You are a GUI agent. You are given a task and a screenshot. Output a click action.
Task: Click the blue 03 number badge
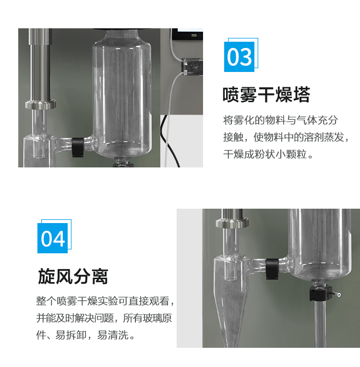(240, 57)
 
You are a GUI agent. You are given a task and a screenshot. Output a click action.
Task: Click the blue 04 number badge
(53, 238)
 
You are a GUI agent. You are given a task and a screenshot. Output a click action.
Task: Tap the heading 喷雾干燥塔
(266, 95)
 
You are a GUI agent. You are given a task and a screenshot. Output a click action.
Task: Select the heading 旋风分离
(73, 276)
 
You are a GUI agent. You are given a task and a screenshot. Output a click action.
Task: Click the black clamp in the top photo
(78, 147)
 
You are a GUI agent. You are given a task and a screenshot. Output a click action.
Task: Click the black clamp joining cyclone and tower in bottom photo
(272, 269)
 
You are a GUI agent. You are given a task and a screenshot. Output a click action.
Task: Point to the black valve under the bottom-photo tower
(320, 294)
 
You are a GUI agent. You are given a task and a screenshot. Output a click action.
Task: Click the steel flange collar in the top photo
(40, 104)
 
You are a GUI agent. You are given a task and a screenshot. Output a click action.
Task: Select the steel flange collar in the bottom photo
(232, 223)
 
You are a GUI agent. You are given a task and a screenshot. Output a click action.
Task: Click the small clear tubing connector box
(192, 68)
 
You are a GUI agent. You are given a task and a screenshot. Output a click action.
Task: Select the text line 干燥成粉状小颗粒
(265, 154)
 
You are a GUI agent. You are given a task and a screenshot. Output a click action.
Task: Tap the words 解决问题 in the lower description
(93, 318)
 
